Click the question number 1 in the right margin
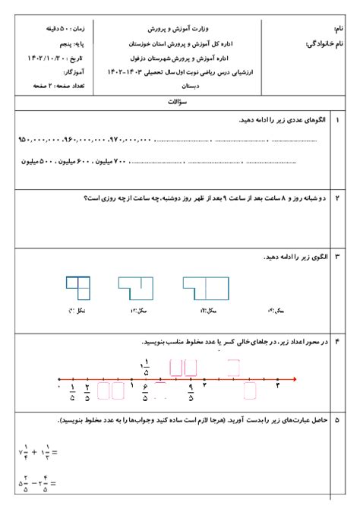click(x=337, y=120)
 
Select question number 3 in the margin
click(x=337, y=258)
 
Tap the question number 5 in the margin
click(x=337, y=419)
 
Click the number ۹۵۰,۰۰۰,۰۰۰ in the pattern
click(x=37, y=140)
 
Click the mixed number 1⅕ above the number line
click(x=145, y=368)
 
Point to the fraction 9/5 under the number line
click(x=193, y=392)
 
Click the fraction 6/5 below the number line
click(x=145, y=392)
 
